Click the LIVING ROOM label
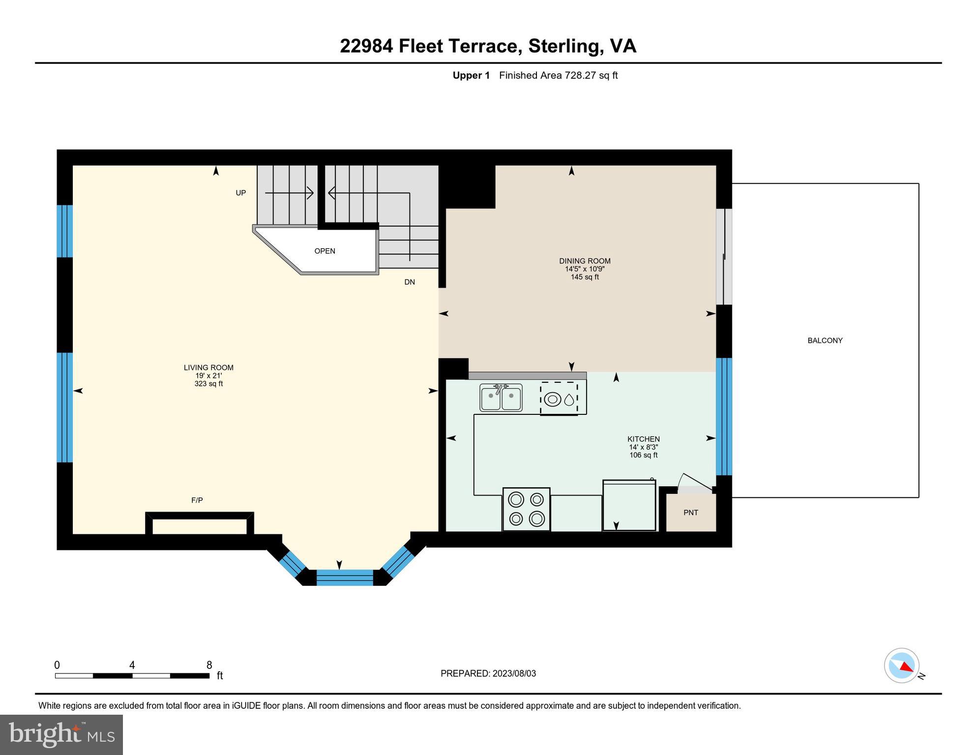click(x=208, y=368)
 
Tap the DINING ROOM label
click(x=585, y=261)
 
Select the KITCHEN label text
click(x=644, y=439)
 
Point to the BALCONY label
click(x=825, y=340)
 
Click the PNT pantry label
click(x=691, y=513)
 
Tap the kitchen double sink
click(x=501, y=398)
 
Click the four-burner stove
click(x=526, y=509)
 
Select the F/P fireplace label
click(x=197, y=500)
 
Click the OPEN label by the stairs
click(x=325, y=251)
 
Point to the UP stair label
click(x=240, y=193)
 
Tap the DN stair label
click(x=410, y=282)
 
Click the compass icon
click(x=902, y=666)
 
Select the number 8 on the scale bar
click(x=209, y=665)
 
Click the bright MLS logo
click(x=61, y=735)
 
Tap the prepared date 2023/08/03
click(x=514, y=673)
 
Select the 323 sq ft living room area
click(x=208, y=384)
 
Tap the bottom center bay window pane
click(x=345, y=577)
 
